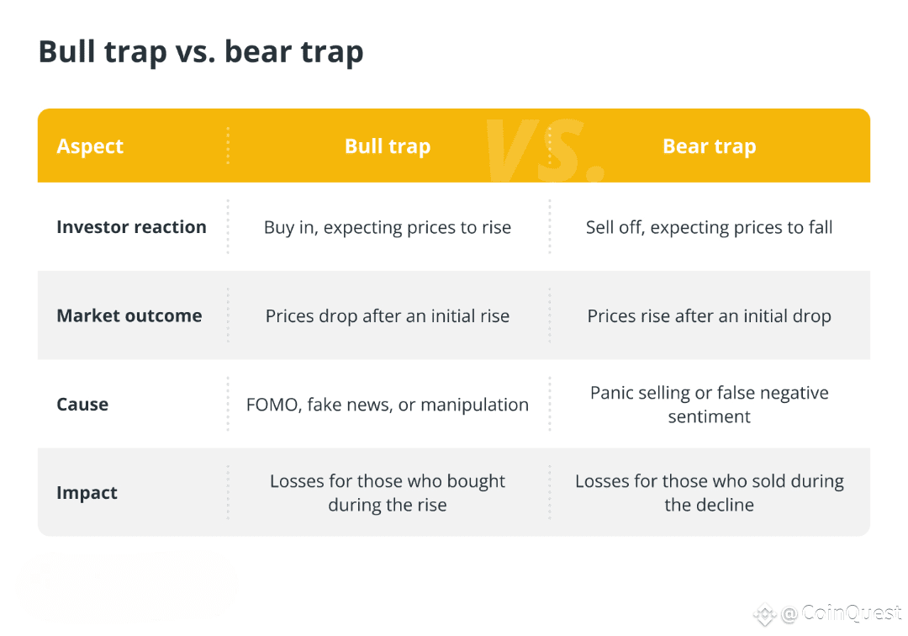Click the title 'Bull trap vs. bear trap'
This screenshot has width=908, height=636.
201,52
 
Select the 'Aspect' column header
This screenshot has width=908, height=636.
90,146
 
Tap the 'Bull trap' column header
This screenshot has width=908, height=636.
388,146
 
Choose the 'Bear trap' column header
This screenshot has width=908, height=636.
709,146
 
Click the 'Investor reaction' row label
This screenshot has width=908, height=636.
131,227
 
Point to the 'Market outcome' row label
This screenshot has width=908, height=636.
129,316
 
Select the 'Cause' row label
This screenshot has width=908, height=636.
82,405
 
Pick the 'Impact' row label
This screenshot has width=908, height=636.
87,493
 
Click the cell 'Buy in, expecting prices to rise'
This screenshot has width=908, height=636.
388,228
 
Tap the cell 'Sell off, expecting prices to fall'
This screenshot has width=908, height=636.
709,228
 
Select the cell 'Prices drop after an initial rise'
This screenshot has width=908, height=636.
388,316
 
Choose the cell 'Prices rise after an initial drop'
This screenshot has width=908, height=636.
709,316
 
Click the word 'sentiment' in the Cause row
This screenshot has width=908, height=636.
709,417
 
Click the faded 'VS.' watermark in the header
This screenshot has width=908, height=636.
545,150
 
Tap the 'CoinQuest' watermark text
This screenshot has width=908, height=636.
851,614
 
